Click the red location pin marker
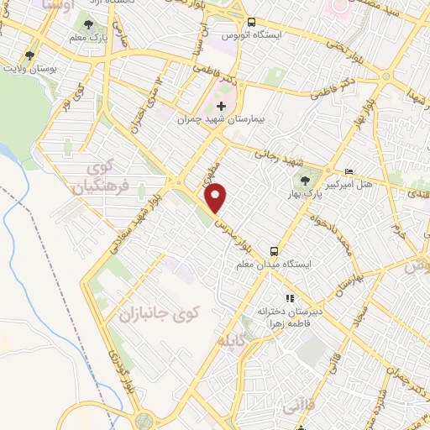click(x=217, y=198)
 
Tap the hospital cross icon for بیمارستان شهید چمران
click(x=221, y=106)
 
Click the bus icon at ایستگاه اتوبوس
click(x=252, y=23)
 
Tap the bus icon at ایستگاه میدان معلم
click(x=275, y=251)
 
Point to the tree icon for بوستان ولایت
click(x=29, y=55)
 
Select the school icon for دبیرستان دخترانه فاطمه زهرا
click(x=290, y=298)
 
